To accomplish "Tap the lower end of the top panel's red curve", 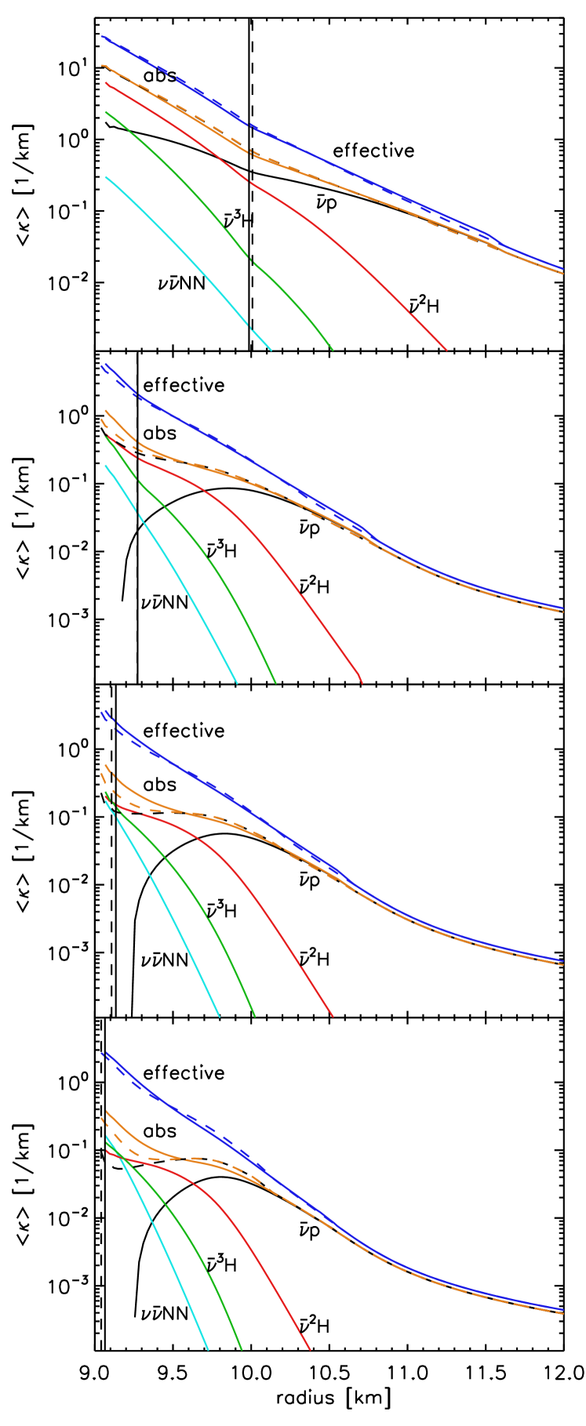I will point(446,350).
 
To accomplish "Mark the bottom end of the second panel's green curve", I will point(275,683).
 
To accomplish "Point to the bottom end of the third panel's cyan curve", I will point(219,1017).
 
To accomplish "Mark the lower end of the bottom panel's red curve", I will point(311,1350).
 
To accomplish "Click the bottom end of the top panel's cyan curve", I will point(271,350).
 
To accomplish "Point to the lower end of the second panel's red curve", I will point(362,683).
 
